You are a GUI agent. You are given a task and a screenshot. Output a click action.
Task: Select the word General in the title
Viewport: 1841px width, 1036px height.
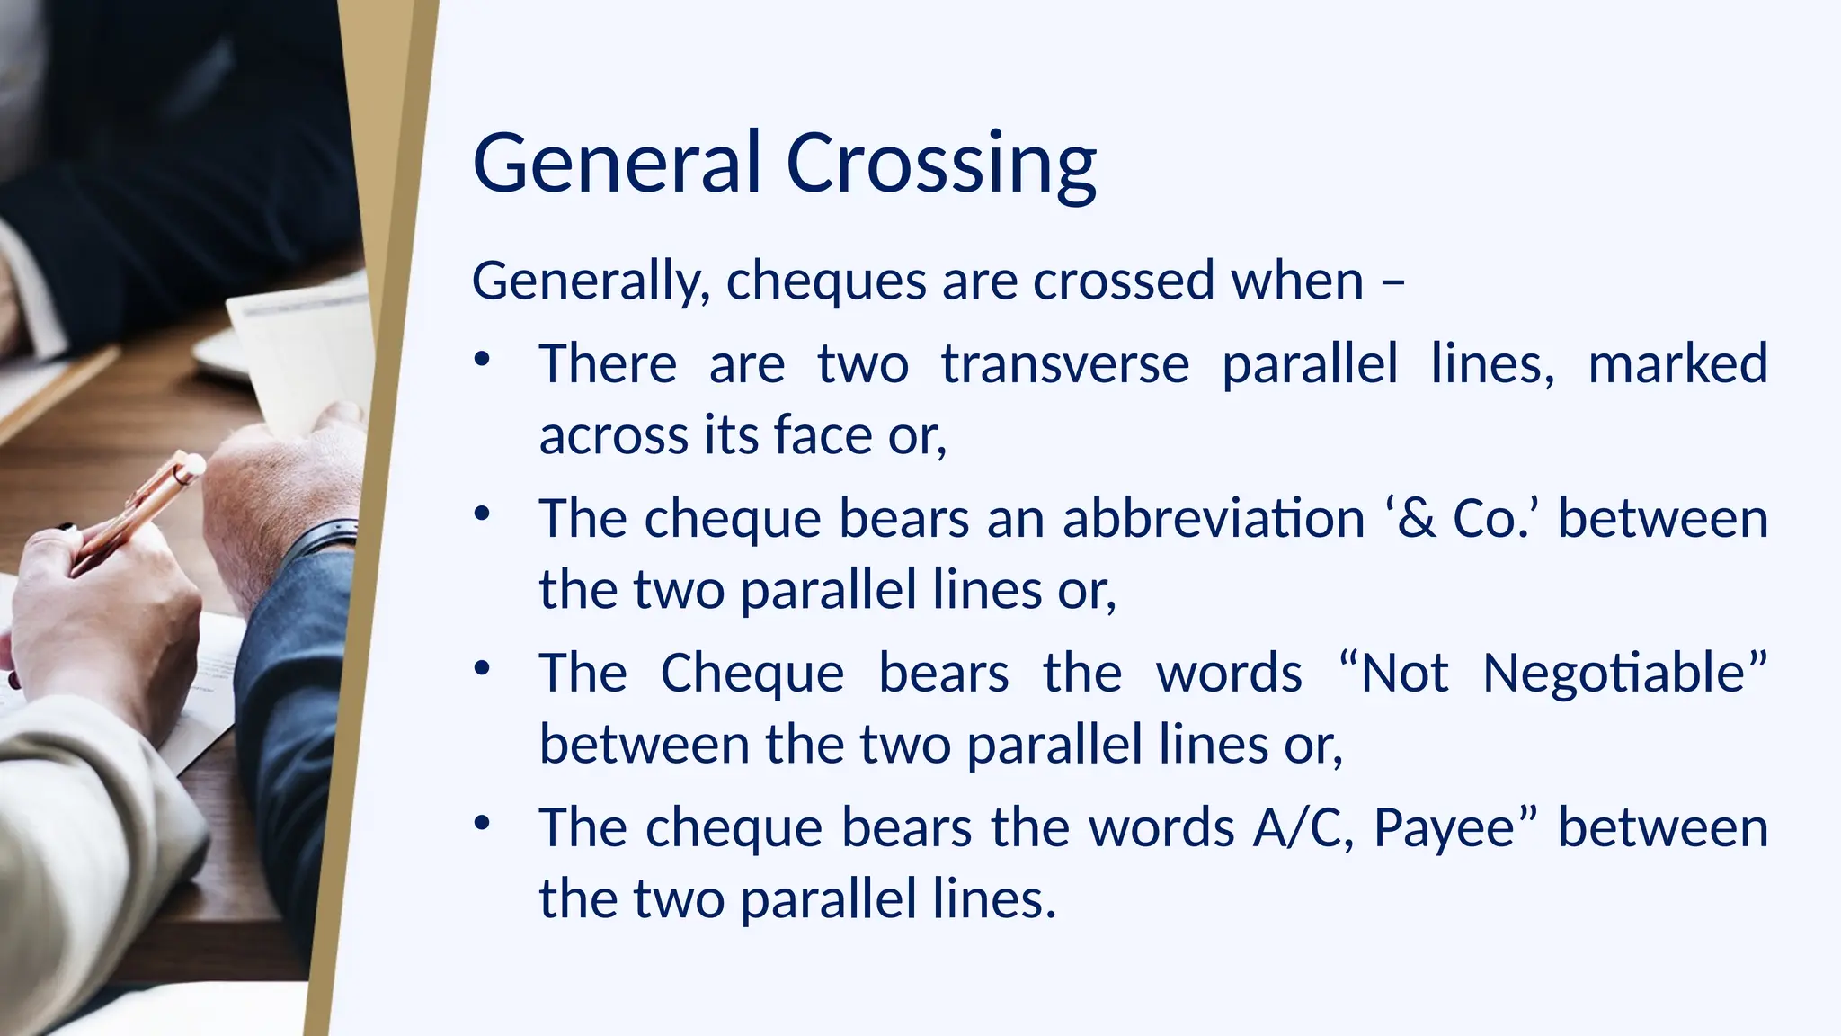pyautogui.click(x=617, y=164)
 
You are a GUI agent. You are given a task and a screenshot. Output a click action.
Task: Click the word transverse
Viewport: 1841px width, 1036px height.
pyautogui.click(x=1065, y=363)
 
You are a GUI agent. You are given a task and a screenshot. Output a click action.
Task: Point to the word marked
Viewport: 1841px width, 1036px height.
pyautogui.click(x=1677, y=363)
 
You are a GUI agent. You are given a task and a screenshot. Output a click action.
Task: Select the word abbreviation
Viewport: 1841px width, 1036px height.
pyautogui.click(x=1214, y=519)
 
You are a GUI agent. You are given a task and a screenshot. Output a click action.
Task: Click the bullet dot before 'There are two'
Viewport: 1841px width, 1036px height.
pyautogui.click(x=483, y=360)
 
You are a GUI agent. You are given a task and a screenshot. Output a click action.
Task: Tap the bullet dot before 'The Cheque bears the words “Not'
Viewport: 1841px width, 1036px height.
pyautogui.click(x=483, y=669)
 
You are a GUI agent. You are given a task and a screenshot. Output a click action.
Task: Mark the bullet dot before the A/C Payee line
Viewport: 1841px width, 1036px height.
pyautogui.click(x=483, y=823)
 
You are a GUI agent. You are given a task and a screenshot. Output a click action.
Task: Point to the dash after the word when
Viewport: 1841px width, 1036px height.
pyautogui.click(x=1392, y=282)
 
